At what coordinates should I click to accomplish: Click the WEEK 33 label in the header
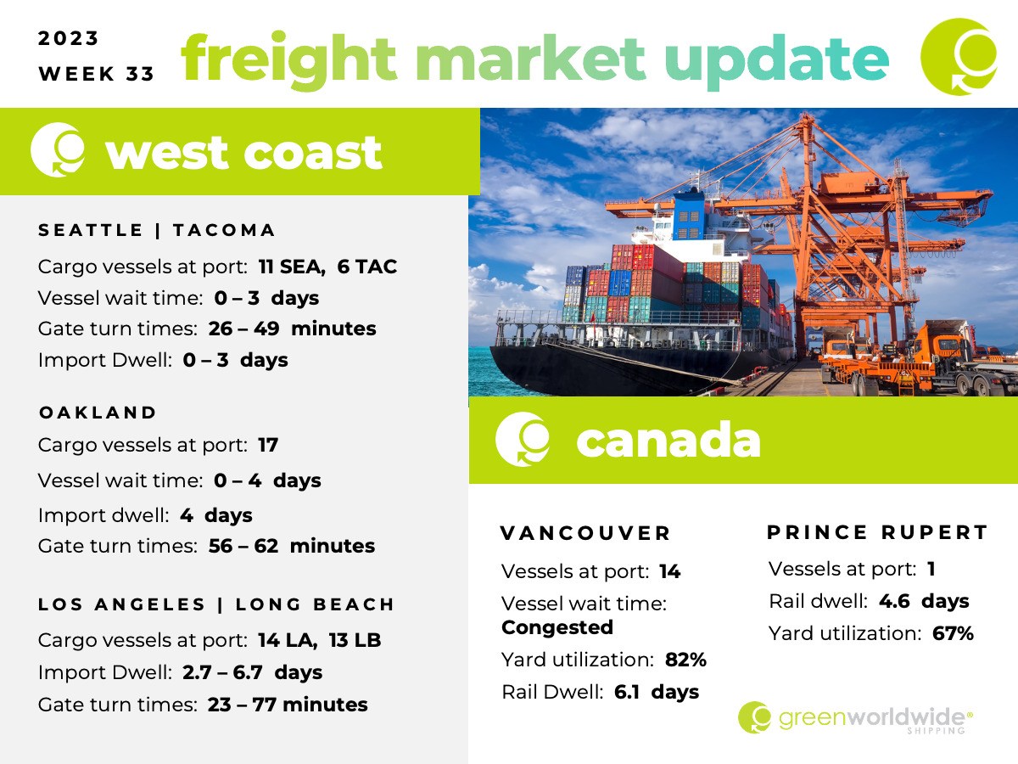pos(96,74)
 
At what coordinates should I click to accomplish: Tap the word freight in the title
pos(288,60)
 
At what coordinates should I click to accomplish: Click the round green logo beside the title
pos(959,57)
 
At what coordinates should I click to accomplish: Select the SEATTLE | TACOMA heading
pos(157,230)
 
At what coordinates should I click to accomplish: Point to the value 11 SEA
pos(292,267)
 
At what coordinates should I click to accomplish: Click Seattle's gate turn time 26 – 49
pos(244,329)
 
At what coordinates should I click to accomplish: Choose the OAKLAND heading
pos(98,413)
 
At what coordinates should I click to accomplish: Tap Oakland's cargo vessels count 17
pos(268,445)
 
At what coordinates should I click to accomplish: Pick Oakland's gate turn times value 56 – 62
pos(243,546)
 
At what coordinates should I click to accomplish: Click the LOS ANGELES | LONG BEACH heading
pos(216,604)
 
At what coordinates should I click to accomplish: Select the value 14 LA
pos(288,640)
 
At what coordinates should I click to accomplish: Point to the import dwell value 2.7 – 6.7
pos(222,672)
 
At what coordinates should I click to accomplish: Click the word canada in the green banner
pos(668,441)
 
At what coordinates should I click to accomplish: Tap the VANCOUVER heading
pos(585,533)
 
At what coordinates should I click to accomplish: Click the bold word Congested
pos(557,627)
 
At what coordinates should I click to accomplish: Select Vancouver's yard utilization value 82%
pos(685,660)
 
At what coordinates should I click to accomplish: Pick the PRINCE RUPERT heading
pos(878,532)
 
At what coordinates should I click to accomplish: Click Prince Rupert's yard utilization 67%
pos(953,633)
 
